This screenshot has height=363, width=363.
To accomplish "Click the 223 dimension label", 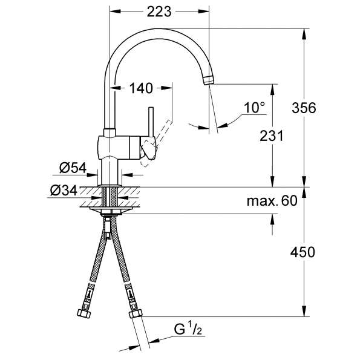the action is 159,11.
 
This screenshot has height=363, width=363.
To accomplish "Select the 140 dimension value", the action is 141,88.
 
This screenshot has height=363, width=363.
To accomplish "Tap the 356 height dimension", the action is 304,108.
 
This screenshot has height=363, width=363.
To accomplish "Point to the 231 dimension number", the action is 271,136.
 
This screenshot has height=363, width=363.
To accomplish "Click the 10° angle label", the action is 254,108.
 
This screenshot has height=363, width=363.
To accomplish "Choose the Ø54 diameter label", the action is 73,168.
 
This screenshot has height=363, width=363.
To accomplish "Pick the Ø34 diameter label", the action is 64,191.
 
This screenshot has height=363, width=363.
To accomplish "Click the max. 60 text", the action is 272,201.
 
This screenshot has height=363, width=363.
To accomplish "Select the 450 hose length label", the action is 302,252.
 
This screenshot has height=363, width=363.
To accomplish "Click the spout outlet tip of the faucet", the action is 209,80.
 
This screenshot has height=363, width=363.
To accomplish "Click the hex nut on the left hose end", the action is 84,313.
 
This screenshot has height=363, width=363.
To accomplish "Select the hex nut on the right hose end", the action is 136,314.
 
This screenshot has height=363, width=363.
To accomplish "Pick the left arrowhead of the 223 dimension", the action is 116,11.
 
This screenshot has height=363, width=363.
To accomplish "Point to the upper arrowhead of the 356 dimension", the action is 304,34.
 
